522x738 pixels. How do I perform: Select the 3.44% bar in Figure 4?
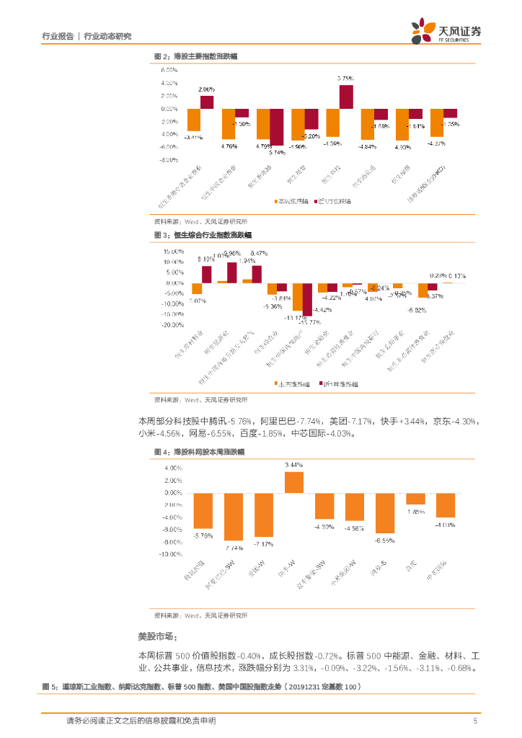[294, 482]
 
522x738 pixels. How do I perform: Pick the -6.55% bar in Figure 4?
[386, 512]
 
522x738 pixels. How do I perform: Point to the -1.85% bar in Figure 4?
[416, 498]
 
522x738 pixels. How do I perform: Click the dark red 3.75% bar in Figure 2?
[346, 97]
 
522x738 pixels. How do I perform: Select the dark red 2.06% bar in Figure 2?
[207, 102]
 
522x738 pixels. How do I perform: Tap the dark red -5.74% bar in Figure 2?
[276, 128]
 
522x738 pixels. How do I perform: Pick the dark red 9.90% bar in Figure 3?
[232, 272]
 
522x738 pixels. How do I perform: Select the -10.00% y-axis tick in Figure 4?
[172, 554]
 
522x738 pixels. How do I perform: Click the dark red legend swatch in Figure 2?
[315, 201]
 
